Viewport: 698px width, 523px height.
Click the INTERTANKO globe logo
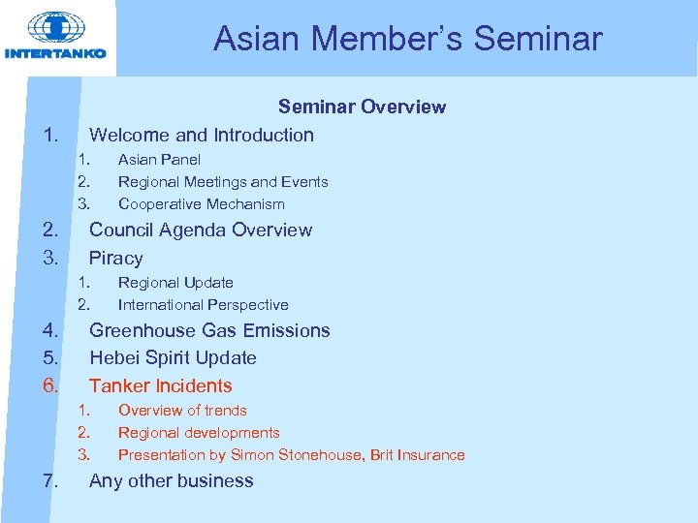click(x=56, y=29)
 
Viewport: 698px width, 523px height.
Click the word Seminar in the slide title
click(x=538, y=39)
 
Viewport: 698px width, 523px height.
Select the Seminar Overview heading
click(x=362, y=107)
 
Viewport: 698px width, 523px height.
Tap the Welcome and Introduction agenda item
click(x=201, y=135)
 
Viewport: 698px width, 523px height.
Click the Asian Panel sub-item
click(x=159, y=159)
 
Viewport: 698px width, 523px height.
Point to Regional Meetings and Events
click(x=223, y=181)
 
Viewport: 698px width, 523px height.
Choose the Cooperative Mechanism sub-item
click(x=201, y=203)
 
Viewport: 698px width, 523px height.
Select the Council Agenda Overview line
click(x=200, y=230)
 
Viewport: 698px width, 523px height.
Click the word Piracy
click(x=115, y=258)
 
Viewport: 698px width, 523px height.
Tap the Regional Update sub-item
click(x=175, y=282)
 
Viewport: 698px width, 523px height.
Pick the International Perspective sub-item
click(x=203, y=304)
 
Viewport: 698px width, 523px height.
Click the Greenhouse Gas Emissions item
click(x=209, y=330)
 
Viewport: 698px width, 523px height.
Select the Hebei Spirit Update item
click(x=173, y=357)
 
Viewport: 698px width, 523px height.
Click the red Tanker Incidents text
click(x=160, y=385)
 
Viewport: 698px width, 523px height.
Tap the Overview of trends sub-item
click(x=182, y=410)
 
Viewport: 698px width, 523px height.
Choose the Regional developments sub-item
click(x=199, y=432)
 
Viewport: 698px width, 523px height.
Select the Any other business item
click(x=171, y=480)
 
